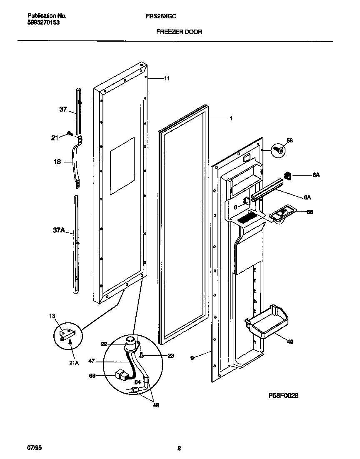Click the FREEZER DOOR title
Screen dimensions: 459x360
[179, 32]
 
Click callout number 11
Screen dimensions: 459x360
[167, 78]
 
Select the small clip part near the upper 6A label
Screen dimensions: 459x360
[287, 176]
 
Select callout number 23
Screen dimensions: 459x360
[159, 356]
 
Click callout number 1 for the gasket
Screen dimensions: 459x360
[230, 118]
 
